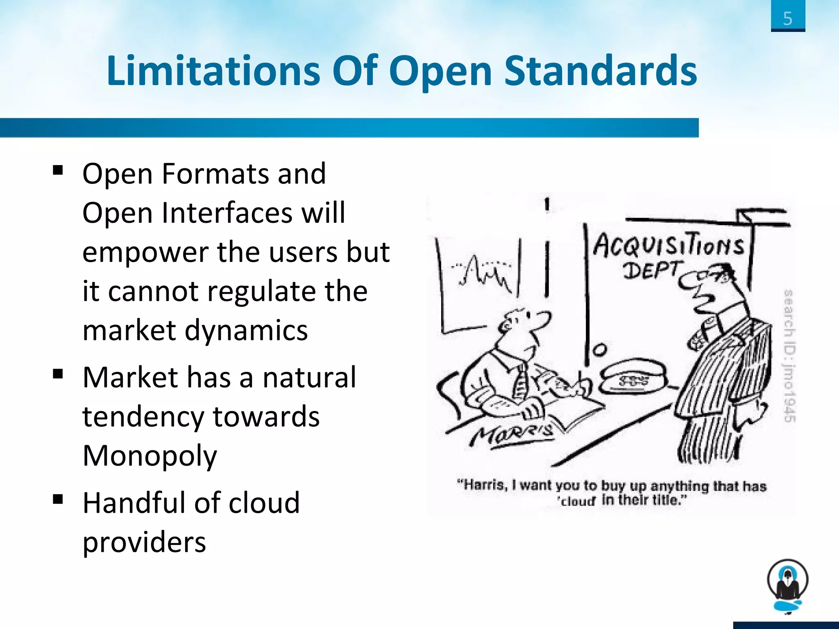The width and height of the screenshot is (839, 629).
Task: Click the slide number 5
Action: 787,18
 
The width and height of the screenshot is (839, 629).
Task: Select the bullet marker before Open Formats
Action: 58,170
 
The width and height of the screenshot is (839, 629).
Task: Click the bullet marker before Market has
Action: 58,373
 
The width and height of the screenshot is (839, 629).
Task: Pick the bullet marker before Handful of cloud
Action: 58,499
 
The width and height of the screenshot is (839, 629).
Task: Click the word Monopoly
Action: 150,456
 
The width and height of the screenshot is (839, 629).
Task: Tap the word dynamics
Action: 246,330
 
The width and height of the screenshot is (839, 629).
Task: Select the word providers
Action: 144,542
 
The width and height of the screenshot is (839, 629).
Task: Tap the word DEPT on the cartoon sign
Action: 651,271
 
